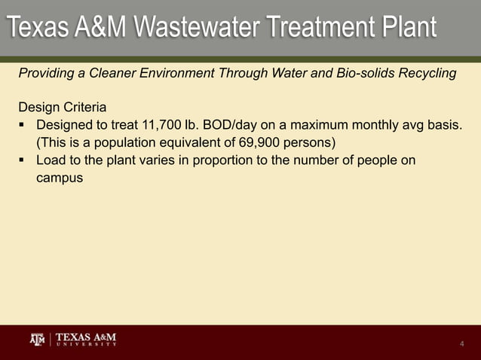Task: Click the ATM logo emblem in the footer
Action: pyautogui.click(x=37, y=340)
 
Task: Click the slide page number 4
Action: pyautogui.click(x=461, y=344)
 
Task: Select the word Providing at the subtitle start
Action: pyautogui.click(x=44, y=73)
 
